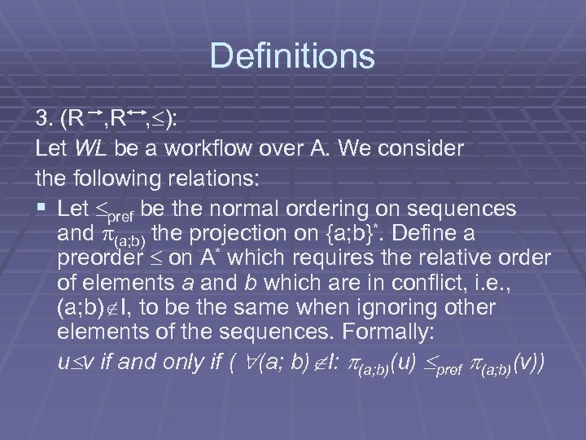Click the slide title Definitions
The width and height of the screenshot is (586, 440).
tap(292, 56)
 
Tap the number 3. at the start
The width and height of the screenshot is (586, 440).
tap(46, 121)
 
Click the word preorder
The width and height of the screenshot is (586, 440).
tap(94, 260)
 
